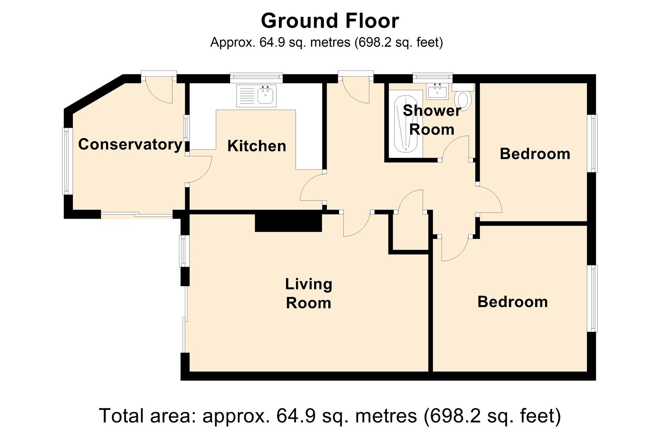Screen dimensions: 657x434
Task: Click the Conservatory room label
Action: click(x=130, y=145)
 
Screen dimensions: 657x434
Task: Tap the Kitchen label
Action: click(x=257, y=146)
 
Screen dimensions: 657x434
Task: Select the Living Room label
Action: click(x=309, y=294)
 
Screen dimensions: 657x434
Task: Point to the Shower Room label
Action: click(x=432, y=120)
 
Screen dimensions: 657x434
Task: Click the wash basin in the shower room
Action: click(x=437, y=91)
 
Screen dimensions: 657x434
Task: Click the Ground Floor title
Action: click(x=330, y=21)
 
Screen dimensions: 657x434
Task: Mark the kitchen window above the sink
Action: click(x=256, y=77)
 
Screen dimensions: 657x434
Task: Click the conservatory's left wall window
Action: click(x=67, y=161)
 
